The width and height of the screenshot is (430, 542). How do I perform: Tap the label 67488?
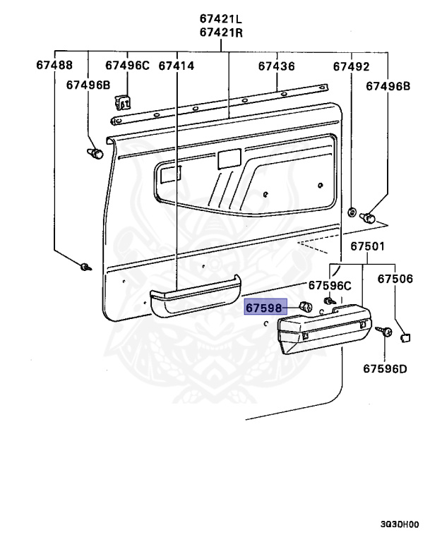(54, 66)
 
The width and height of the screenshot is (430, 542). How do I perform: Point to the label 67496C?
(128, 66)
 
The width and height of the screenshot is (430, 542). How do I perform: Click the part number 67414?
(177, 66)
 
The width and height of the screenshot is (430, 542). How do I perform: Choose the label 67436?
(276, 66)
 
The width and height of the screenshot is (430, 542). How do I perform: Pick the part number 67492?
(351, 66)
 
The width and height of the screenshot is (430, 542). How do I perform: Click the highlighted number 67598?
(263, 308)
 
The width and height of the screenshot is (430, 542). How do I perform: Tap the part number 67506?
(394, 279)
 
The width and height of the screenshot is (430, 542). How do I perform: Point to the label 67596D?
(386, 368)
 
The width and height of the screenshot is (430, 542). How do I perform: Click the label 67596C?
(329, 286)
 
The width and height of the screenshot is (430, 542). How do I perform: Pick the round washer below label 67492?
(351, 211)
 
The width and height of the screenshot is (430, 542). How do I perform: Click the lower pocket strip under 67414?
(192, 294)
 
